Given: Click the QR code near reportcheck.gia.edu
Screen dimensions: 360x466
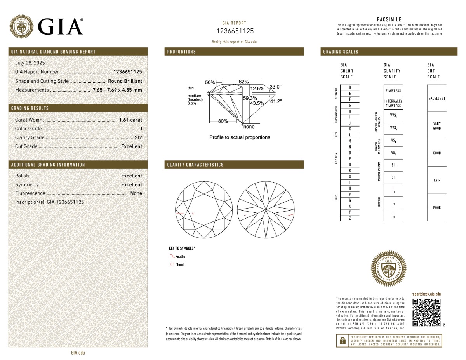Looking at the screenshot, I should (426, 312).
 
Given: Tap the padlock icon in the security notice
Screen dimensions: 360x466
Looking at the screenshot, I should (343, 341).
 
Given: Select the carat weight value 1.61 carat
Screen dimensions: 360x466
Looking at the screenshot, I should (130, 120).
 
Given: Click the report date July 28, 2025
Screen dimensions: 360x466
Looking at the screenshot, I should (30, 63).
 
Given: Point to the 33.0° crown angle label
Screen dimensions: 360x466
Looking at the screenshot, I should (275, 87).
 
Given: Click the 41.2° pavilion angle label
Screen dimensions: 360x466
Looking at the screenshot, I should (276, 101).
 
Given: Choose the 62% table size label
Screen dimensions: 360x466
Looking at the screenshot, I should (243, 82).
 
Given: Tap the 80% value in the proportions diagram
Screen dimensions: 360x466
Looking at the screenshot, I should (223, 121).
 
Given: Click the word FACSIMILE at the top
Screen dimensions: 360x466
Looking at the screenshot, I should (389, 19).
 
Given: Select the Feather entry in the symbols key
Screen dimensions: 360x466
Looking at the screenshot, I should (181, 257).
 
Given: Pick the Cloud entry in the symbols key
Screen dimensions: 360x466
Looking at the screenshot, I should (179, 265).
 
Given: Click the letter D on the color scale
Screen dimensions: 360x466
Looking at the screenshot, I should (350, 87).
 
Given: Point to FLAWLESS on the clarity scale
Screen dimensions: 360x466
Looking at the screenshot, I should (393, 91).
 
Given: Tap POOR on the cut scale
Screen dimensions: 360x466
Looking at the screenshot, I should (437, 207).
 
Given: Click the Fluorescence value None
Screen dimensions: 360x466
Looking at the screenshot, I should (136, 193).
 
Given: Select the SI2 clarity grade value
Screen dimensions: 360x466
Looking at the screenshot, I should (138, 137).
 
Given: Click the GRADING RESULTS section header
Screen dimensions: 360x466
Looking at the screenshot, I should (30, 108).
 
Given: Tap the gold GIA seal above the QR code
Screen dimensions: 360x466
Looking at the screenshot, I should (389, 268).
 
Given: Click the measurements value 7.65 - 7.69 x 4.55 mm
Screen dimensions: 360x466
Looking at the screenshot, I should (117, 90).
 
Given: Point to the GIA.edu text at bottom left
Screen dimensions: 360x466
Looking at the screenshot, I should (78, 353).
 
